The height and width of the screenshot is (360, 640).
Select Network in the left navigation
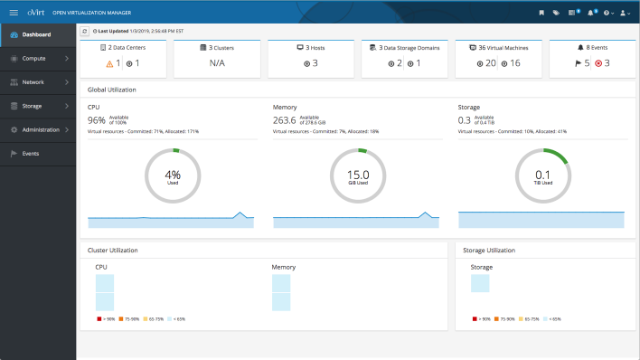[x=33, y=82]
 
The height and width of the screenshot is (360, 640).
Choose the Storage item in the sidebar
[x=33, y=106]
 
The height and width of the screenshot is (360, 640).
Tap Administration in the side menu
[x=41, y=129]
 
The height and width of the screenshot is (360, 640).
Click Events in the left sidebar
[x=30, y=154]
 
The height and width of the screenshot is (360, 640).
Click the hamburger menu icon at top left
[x=14, y=12]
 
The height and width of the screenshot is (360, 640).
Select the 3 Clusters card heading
[x=216, y=46]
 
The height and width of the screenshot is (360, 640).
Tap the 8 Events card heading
[x=592, y=46]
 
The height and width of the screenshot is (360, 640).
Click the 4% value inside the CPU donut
[x=173, y=174]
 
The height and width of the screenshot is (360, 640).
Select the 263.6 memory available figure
[x=285, y=119]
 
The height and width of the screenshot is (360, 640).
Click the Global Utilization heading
[x=112, y=90]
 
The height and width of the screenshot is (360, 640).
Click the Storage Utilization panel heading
[x=488, y=250]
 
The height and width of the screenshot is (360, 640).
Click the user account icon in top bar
[x=624, y=13]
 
